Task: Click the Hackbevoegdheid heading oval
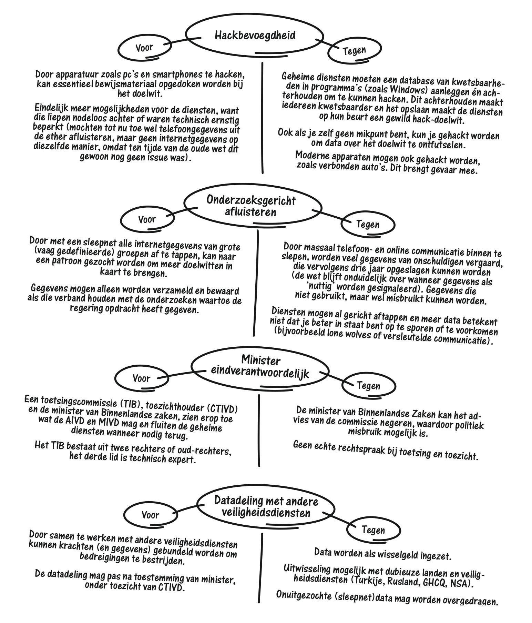point(255,35)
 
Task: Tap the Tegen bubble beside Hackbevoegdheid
point(354,51)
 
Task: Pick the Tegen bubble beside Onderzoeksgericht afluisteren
point(368,225)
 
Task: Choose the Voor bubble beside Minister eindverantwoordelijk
point(141,378)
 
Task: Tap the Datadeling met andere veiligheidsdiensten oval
point(266,506)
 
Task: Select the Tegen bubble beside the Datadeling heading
point(373,530)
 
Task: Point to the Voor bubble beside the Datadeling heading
point(150,515)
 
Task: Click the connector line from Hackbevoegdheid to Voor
point(184,40)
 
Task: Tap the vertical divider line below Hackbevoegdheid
point(262,117)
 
